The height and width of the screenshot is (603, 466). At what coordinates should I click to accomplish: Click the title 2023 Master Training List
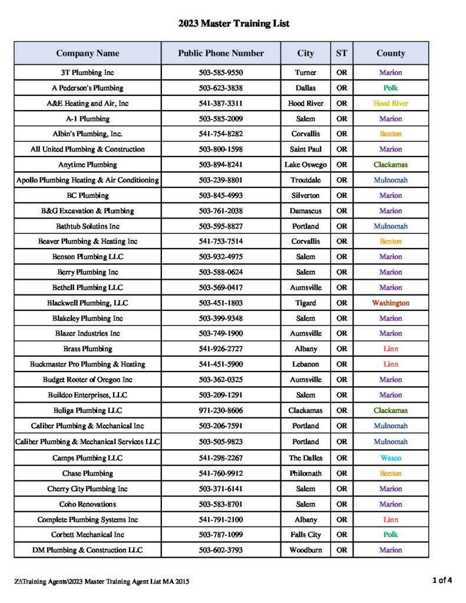point(234,24)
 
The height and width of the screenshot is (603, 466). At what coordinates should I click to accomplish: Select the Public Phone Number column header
point(221,53)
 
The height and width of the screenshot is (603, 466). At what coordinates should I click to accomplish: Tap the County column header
point(391,53)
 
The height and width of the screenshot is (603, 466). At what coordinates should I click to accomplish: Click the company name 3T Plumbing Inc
point(88,72)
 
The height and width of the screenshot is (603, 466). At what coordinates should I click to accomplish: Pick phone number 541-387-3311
point(221,103)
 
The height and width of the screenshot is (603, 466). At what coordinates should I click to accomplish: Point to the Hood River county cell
point(391,103)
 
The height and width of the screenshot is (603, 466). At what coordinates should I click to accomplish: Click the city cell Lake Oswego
point(305,164)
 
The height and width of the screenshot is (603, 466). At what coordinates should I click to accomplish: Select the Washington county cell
point(391,303)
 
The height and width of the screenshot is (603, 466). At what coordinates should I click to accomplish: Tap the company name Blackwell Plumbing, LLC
point(88,303)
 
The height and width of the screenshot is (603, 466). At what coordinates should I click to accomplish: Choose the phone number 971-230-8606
point(221,410)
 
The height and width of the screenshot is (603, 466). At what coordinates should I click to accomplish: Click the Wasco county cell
point(391,458)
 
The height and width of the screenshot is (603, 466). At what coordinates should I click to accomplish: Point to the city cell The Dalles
point(305,458)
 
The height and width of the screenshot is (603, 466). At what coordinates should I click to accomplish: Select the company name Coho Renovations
point(88,504)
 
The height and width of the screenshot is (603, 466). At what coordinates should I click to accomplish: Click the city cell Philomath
point(305,473)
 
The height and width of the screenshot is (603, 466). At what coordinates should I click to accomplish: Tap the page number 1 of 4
point(442,580)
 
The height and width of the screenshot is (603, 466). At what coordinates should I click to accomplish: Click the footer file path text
point(103,581)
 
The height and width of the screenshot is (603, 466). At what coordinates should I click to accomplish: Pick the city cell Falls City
point(305,535)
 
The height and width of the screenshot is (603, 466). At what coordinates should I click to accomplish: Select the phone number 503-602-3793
point(221,550)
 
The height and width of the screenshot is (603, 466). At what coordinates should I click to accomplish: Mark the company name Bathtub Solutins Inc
point(88,226)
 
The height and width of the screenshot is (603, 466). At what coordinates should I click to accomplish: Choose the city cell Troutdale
point(305,180)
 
